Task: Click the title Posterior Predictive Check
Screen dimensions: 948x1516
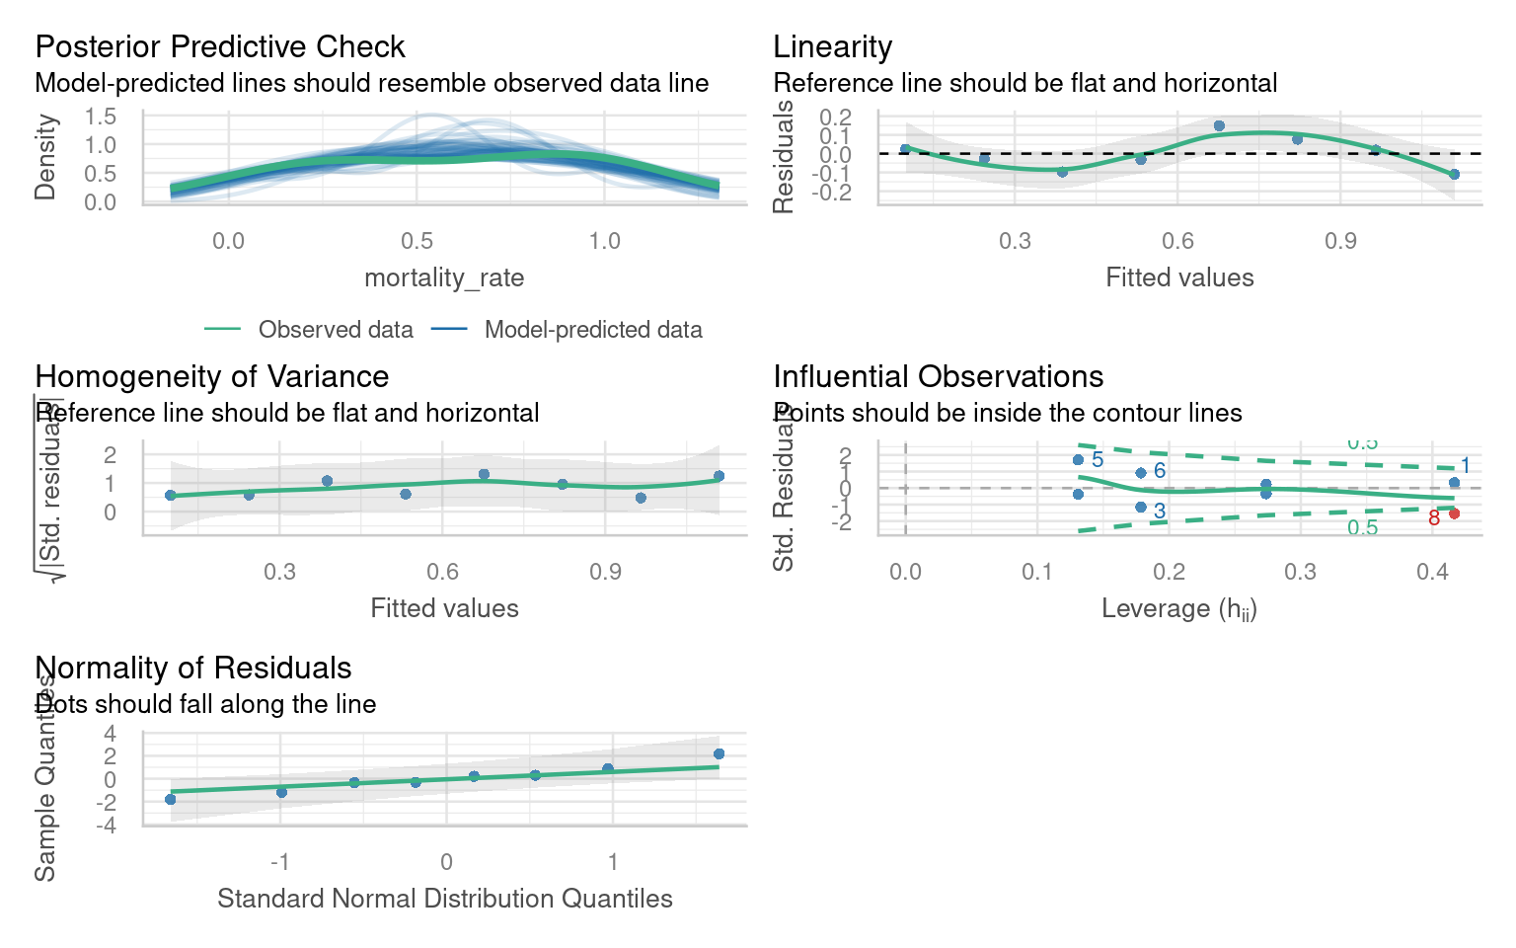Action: point(220,46)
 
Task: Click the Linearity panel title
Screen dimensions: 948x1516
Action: point(833,46)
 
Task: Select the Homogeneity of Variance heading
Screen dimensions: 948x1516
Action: point(212,376)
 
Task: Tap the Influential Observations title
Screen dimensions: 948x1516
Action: point(939,376)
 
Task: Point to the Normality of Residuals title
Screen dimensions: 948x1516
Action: point(193,668)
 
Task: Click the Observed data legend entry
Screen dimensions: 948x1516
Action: point(336,330)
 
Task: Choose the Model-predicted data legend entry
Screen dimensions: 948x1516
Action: point(593,330)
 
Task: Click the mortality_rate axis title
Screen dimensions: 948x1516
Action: point(444,277)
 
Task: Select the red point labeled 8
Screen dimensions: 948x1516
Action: point(1454,513)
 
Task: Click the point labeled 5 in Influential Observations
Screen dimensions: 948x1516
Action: point(1078,460)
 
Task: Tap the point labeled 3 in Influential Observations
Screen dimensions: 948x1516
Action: point(1141,507)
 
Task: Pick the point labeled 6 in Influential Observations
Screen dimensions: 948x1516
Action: point(1141,473)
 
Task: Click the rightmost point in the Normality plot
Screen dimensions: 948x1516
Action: point(719,754)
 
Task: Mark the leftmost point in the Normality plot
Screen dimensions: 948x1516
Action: point(170,799)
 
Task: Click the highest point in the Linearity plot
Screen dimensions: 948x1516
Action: point(1219,125)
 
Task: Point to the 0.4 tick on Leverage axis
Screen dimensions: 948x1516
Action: point(1432,572)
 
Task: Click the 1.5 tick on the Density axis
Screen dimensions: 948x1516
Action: point(101,117)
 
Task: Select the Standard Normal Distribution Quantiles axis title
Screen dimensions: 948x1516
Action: point(444,899)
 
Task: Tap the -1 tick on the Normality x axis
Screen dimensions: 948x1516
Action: point(280,862)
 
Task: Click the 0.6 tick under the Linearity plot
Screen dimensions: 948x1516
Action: point(1177,242)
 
